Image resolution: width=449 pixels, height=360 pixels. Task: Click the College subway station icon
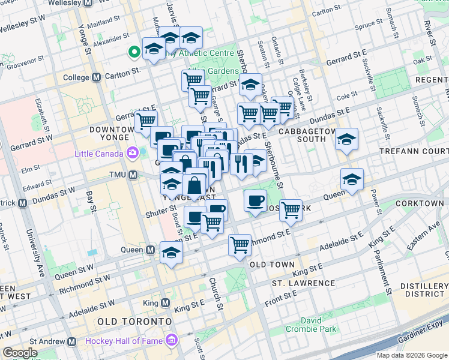click(x=97, y=77)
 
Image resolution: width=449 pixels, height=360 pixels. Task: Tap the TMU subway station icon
click(x=133, y=175)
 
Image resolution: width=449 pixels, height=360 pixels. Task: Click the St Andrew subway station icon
click(x=71, y=341)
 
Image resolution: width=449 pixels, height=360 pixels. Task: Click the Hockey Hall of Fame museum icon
click(x=172, y=341)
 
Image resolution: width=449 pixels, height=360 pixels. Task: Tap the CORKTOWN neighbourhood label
click(x=420, y=203)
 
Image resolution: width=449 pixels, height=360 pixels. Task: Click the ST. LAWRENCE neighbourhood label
click(x=303, y=283)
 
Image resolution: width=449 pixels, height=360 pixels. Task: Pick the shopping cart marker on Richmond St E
click(x=240, y=245)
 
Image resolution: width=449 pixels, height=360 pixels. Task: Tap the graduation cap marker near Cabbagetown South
click(x=346, y=140)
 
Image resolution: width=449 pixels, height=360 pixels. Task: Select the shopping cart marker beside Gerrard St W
click(x=146, y=121)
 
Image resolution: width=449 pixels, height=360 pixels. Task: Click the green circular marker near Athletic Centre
click(x=133, y=53)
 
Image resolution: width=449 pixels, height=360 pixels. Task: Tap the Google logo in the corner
click(x=20, y=353)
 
